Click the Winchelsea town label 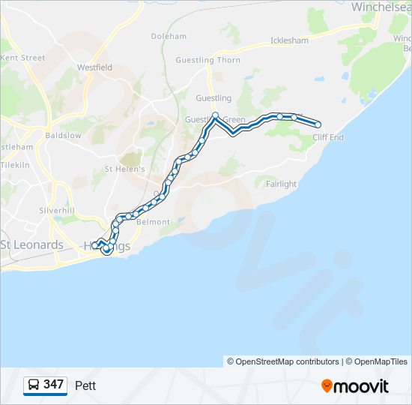point(381,6)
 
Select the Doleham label point(169,36)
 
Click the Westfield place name point(94,67)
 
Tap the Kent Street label point(23,58)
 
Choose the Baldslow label point(63,136)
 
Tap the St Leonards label point(32,245)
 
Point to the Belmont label point(153,222)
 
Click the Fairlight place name point(281,184)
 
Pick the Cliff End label point(327,137)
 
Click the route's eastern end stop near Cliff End point(318,124)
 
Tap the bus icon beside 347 point(34,385)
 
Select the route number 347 point(54,385)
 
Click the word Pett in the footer point(85,385)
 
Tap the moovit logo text point(361,386)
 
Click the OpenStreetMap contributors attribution point(288,361)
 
